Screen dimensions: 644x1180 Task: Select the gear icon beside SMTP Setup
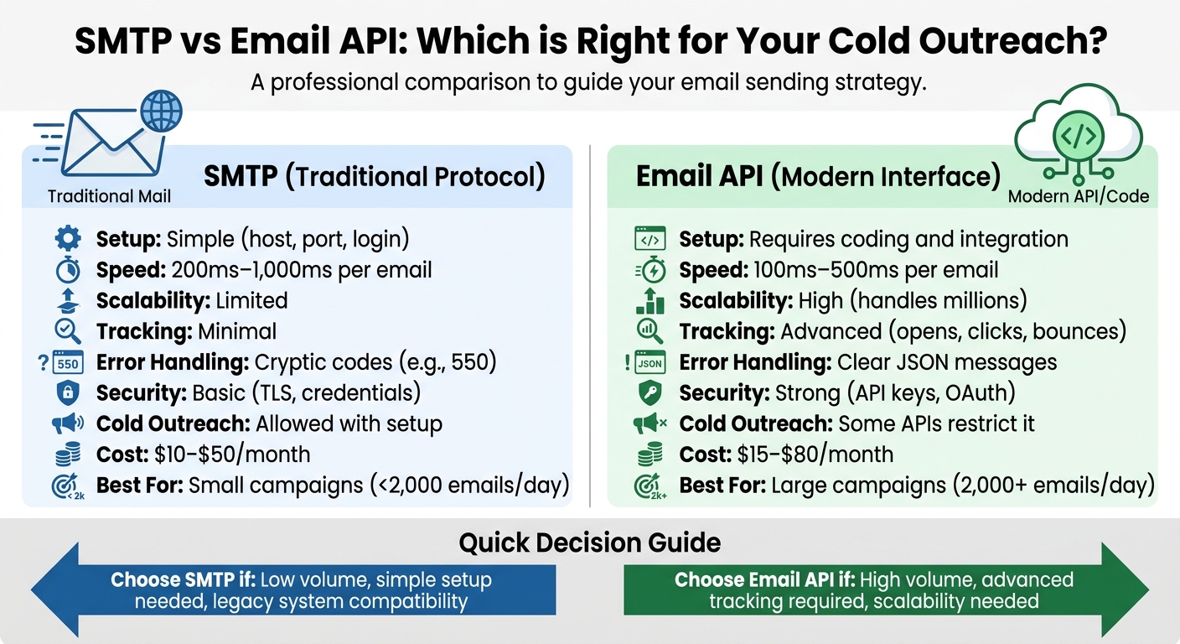click(x=68, y=239)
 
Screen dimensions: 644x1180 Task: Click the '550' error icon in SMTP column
click(x=67, y=363)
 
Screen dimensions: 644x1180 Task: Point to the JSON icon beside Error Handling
click(x=649, y=363)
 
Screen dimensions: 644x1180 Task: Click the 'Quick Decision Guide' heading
click(x=589, y=543)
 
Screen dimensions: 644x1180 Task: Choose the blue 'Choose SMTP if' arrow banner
click(x=293, y=590)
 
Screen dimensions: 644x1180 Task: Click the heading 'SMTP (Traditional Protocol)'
click(x=374, y=177)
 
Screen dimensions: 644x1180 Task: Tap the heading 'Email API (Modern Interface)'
click(x=818, y=177)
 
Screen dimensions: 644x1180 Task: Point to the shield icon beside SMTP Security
click(x=68, y=393)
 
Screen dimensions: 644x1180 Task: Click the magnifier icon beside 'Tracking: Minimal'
click(x=68, y=332)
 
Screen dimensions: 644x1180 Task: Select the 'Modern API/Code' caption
click(x=1078, y=197)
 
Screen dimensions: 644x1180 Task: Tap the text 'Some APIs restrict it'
click(x=936, y=423)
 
